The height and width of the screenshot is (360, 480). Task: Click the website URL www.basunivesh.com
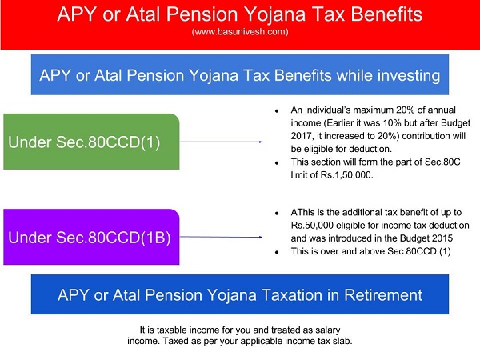pos(239,32)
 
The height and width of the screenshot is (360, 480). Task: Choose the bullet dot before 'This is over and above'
pos(277,252)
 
